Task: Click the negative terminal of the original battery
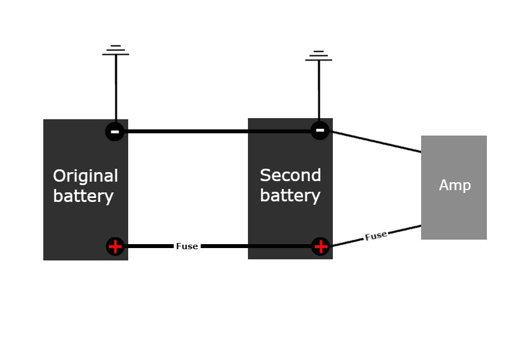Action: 115,132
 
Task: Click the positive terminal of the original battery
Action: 115,246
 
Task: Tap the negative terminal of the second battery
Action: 320,130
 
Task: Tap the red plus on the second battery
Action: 320,246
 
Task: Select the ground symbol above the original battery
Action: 116,51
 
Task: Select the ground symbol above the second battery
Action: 319,56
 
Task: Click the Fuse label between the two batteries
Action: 187,246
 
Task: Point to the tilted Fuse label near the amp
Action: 376,236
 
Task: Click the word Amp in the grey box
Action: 454,185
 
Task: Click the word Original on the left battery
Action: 85,176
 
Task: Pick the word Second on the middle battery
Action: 290,175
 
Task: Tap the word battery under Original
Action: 83,196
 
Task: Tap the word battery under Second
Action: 290,196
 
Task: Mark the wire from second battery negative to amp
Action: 377,142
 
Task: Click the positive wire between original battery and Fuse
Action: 149,246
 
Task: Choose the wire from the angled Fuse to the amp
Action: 405,230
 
